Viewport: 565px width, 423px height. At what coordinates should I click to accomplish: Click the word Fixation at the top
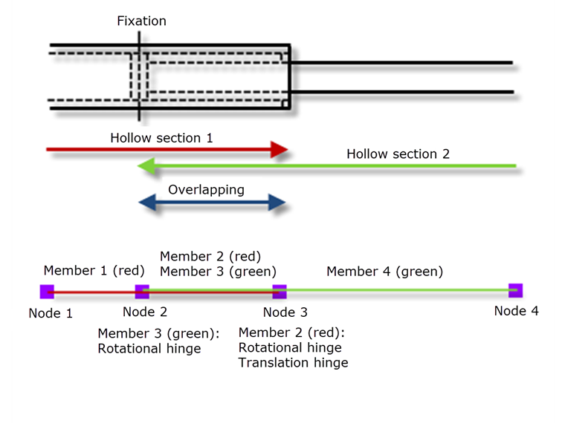141,21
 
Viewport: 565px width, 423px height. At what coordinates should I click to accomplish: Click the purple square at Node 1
47,292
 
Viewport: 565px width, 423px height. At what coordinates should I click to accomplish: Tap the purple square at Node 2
141,292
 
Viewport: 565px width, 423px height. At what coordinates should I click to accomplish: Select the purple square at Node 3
280,292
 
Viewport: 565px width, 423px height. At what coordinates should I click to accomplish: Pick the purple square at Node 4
515,290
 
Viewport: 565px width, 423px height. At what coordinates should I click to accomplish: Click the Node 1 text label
51,313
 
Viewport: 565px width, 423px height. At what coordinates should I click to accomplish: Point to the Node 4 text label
516,311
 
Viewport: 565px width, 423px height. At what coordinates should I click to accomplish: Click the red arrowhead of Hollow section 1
280,150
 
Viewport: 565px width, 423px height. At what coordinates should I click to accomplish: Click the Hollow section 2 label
398,154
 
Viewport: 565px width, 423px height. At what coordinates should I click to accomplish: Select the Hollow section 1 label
161,138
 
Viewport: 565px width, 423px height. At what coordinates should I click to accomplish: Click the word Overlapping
206,190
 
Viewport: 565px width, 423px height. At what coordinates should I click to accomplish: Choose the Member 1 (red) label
94,271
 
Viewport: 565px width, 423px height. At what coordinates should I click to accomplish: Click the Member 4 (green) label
384,272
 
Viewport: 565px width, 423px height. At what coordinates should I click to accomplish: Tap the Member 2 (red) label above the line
210,256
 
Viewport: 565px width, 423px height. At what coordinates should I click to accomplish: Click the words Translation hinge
293,363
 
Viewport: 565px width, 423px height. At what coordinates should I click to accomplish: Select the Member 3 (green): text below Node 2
158,333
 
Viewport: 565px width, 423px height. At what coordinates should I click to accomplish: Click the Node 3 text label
285,313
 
